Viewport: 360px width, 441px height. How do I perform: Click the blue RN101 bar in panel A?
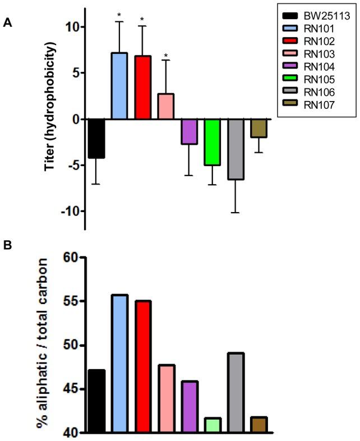tap(120, 86)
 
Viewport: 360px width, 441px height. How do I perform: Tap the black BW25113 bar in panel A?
tap(96, 139)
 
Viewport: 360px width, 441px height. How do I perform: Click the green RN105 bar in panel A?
tap(212, 142)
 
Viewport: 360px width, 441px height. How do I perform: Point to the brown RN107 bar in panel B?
tap(258, 425)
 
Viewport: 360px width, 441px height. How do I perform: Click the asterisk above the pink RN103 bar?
tap(166, 56)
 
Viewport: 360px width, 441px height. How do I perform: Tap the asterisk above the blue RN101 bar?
tap(120, 15)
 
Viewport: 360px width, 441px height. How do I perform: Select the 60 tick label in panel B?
tap(72, 258)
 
